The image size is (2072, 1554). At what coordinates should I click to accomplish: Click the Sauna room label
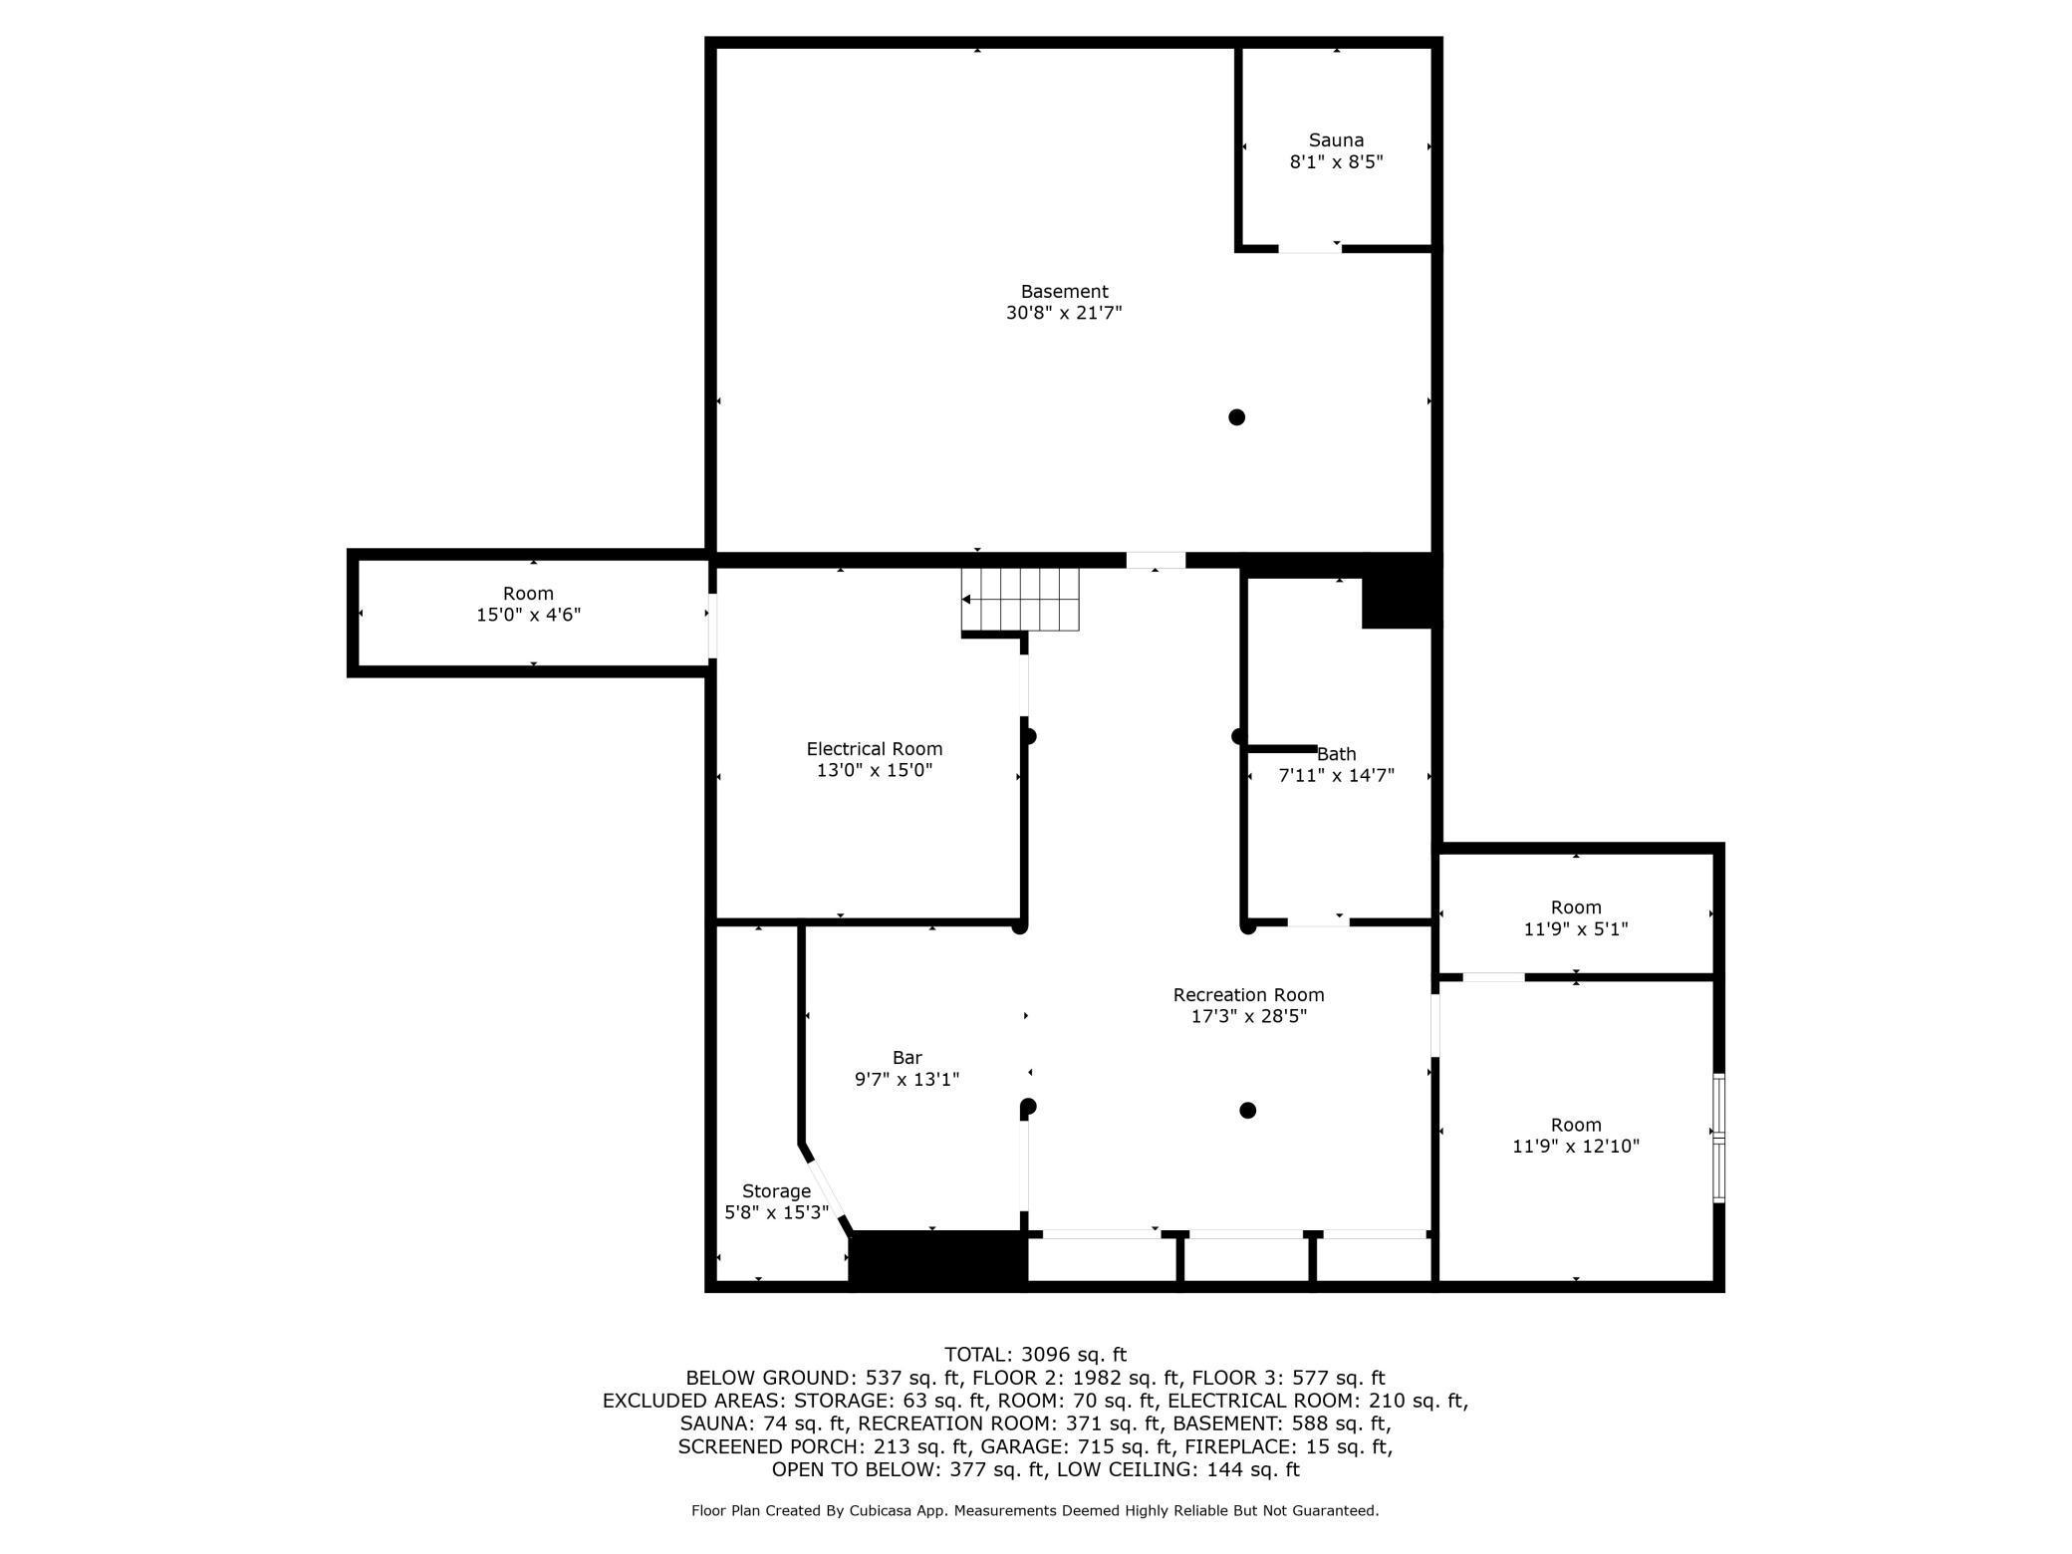(x=1336, y=140)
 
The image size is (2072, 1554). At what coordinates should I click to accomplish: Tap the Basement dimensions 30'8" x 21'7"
(x=1064, y=313)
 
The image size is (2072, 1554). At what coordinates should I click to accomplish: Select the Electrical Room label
(x=874, y=748)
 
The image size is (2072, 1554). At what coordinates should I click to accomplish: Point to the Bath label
(x=1337, y=754)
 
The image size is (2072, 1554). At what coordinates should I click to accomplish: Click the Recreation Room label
(x=1248, y=994)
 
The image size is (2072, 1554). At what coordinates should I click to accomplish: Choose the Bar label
(x=906, y=1057)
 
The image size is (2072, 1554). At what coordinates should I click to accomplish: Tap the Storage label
(x=776, y=1190)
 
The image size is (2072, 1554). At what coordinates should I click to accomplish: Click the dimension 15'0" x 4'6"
(x=528, y=615)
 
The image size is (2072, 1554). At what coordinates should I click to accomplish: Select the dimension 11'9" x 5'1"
(x=1576, y=928)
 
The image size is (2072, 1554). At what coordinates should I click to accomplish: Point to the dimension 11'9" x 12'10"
(x=1576, y=1146)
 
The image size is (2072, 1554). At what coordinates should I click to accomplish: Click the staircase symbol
(x=1020, y=600)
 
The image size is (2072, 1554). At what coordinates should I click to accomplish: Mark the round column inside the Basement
(x=1236, y=417)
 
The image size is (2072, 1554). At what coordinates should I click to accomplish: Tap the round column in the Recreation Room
(x=1247, y=1110)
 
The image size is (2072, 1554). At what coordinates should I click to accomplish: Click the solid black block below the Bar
(x=936, y=1259)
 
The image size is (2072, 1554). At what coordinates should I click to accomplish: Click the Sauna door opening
(x=1309, y=248)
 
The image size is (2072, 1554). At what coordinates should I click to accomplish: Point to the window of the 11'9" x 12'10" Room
(x=1718, y=1137)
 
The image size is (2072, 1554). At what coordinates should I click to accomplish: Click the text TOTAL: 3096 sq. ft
(x=1035, y=1354)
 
